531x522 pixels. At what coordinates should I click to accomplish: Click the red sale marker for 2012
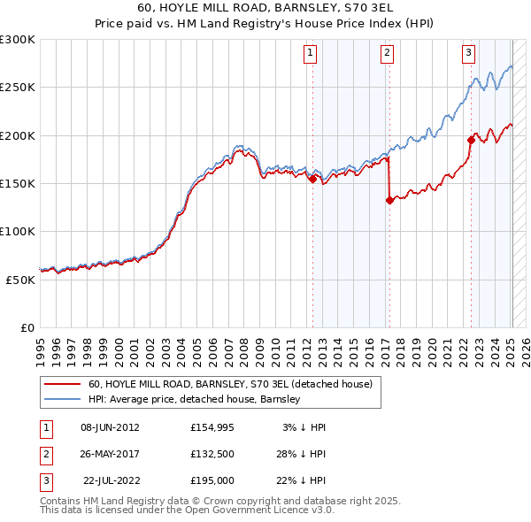[312, 179]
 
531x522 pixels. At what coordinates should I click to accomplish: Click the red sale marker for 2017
[389, 200]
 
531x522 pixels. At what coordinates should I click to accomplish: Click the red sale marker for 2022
[471, 140]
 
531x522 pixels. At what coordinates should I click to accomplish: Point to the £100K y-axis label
[18, 231]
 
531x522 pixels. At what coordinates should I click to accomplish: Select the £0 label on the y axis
[27, 326]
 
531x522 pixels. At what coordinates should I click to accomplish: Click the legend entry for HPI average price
[195, 399]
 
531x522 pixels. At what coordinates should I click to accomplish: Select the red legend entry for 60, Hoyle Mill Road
[235, 385]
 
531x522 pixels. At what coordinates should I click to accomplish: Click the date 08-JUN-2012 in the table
[110, 427]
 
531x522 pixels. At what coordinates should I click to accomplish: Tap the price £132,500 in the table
[212, 455]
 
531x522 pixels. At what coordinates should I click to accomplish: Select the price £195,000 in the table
[212, 482]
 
